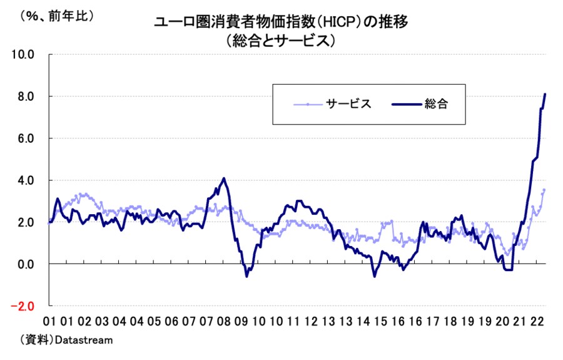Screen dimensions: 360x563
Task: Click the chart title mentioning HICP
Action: coord(281,23)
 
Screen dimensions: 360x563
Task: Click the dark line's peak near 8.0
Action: coord(545,95)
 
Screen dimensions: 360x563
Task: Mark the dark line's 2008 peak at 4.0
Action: coord(224,178)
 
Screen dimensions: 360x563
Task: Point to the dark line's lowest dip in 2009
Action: coord(246,276)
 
